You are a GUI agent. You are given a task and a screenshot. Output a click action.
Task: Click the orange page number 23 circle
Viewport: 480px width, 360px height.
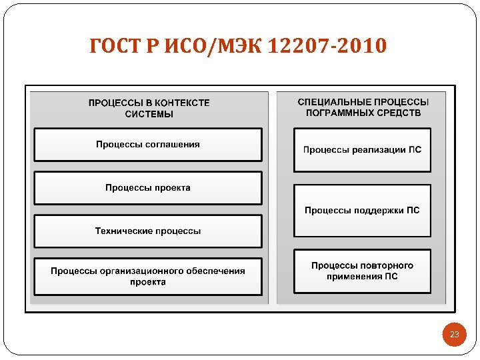(x=455, y=334)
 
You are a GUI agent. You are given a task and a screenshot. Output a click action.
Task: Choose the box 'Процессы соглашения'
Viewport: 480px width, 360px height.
(x=148, y=145)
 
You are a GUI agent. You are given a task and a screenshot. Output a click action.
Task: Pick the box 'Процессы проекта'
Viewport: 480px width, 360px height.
(x=148, y=188)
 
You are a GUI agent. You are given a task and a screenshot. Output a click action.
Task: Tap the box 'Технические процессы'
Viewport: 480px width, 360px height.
(x=148, y=231)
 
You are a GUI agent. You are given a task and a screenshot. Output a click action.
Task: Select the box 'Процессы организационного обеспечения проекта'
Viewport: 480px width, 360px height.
(x=148, y=276)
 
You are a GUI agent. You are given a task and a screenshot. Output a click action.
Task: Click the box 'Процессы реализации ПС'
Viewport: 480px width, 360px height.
(x=363, y=150)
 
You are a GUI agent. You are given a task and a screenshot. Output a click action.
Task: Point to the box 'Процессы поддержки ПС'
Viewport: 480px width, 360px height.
(x=363, y=211)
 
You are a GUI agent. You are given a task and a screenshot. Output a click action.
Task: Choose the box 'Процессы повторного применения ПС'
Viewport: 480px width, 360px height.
(x=363, y=271)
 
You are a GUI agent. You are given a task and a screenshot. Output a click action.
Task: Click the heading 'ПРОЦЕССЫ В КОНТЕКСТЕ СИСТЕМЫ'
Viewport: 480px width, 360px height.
(x=149, y=108)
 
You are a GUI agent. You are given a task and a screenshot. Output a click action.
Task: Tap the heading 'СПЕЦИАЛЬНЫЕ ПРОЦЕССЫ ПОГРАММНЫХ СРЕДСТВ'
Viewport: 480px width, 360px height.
(x=363, y=107)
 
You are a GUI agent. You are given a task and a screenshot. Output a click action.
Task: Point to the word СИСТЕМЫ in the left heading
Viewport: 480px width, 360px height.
(x=149, y=114)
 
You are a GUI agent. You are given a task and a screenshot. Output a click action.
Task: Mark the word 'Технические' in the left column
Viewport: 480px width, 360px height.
(x=124, y=231)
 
